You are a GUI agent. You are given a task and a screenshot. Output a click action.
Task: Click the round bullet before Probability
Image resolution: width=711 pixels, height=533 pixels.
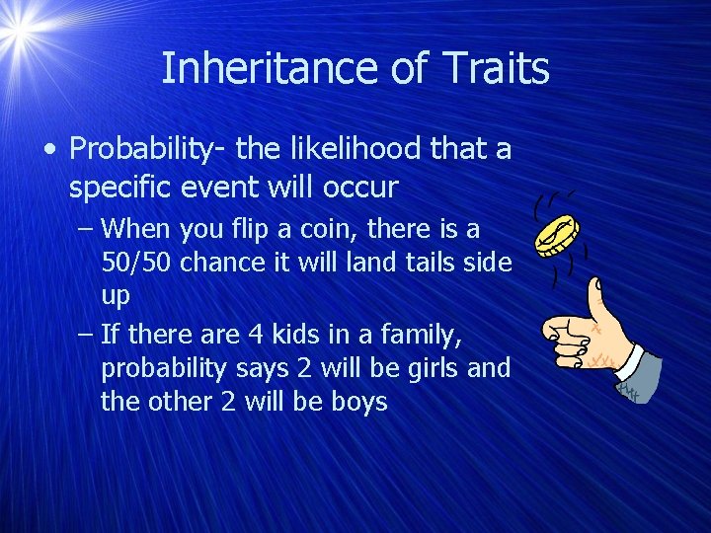[x=49, y=150]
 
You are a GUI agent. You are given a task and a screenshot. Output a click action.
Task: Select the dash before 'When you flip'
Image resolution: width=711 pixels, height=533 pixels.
[x=85, y=230]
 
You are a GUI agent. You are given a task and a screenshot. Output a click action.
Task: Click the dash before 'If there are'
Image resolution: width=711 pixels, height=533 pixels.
[x=85, y=336]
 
